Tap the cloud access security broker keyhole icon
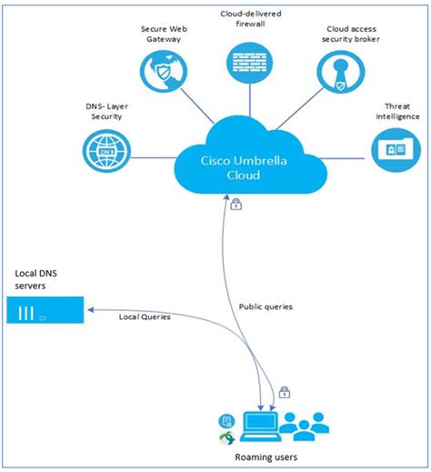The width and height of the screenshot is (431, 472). (340, 71)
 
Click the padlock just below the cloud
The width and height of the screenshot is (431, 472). (236, 205)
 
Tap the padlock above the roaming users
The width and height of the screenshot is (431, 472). (285, 393)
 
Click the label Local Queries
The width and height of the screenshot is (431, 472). (145, 316)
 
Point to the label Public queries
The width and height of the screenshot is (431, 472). (266, 307)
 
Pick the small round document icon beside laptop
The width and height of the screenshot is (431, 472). (226, 419)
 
